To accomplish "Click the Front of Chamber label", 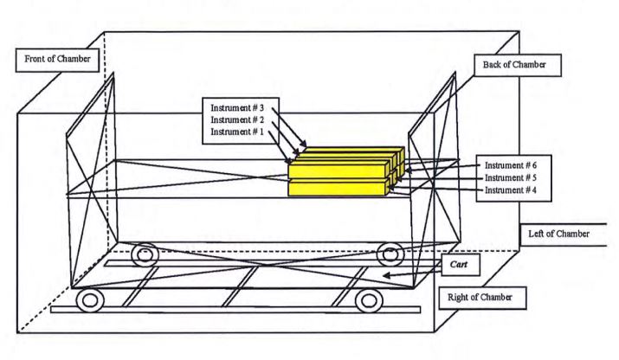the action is (57, 60).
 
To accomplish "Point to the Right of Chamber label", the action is (482, 298).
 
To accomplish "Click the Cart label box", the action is (461, 265).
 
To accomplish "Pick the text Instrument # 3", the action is (237, 108).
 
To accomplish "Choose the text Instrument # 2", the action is (237, 119).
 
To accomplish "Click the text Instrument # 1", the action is (237, 132).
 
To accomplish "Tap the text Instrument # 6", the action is (511, 165).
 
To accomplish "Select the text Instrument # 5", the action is (511, 177).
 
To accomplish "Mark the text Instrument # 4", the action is (511, 190).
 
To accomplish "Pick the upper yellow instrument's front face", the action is (337, 171).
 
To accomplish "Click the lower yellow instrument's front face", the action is (337, 189).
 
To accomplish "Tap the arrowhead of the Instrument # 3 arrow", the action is (303, 144).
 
